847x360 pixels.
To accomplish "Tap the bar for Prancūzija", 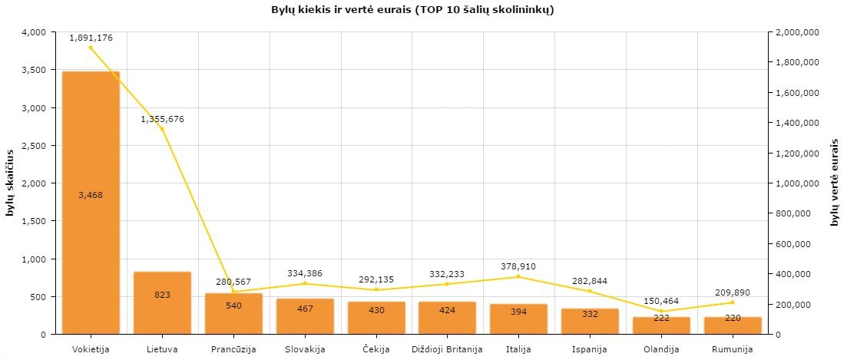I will tap(233, 322).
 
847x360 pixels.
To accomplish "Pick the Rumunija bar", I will tap(733, 326).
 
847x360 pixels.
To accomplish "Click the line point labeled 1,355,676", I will tap(162, 128).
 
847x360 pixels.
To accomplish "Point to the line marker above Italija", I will tap(518, 276).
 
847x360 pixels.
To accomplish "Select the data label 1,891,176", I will tap(91, 37).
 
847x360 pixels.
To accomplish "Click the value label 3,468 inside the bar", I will tap(91, 195).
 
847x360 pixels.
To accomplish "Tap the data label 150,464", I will tap(661, 301).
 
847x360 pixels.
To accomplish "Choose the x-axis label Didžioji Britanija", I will tap(447, 350).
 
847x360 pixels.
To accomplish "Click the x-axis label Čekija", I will tap(376, 350).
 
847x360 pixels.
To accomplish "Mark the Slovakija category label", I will tap(305, 350).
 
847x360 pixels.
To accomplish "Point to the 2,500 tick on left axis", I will tap(35, 145).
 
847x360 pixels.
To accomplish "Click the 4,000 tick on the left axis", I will tap(35, 32).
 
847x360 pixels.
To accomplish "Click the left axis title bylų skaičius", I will tap(11, 183).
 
